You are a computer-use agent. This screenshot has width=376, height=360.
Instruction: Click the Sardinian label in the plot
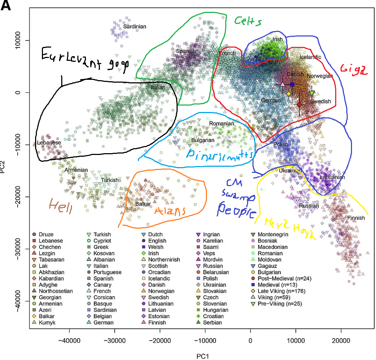pyautogui.click(x=135, y=26)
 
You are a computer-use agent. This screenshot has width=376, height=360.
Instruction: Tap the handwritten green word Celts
pyautogui.click(x=248, y=21)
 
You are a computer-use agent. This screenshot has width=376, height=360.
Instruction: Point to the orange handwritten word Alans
pyautogui.click(x=170, y=211)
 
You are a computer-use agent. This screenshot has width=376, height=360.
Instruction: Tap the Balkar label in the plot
pyautogui.click(x=142, y=204)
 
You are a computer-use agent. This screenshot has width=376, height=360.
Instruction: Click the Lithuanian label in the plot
pyautogui.click(x=332, y=177)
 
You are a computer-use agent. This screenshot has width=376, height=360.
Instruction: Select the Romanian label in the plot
pyautogui.click(x=222, y=124)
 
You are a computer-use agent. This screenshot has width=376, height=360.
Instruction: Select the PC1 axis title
pyautogui.click(x=203, y=356)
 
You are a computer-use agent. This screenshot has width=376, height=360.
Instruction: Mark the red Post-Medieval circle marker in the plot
pyautogui.click(x=299, y=104)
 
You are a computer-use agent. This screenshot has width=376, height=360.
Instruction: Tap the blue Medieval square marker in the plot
pyautogui.click(x=292, y=84)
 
